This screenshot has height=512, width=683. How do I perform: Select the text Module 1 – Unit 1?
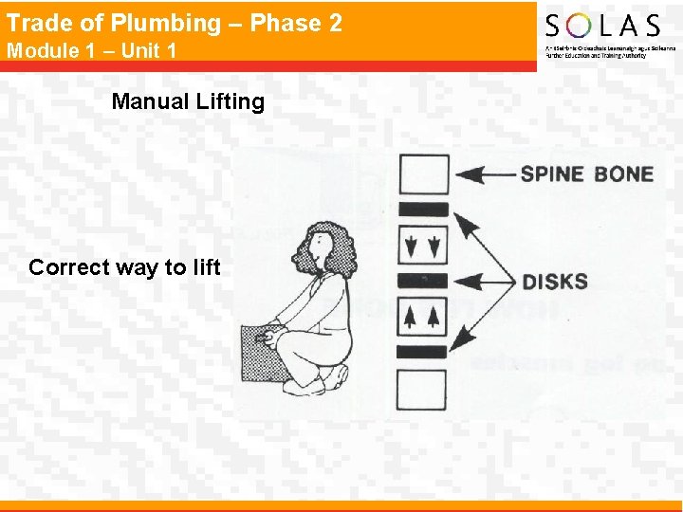click(x=92, y=50)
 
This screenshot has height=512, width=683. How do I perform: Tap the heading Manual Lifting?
click(x=188, y=101)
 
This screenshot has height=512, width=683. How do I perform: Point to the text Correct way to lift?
click(x=124, y=267)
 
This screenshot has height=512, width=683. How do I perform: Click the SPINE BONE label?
click(x=586, y=174)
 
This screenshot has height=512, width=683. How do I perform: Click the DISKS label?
click(x=555, y=282)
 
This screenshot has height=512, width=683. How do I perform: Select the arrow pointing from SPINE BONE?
click(x=488, y=174)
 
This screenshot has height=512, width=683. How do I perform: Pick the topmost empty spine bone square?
click(x=423, y=174)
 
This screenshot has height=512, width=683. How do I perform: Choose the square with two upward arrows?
click(x=423, y=317)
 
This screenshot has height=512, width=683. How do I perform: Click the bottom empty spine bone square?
click(x=423, y=389)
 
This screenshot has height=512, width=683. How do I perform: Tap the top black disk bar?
click(x=423, y=210)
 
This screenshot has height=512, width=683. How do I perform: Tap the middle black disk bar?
click(x=423, y=281)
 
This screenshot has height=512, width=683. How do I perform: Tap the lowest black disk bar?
click(x=423, y=352)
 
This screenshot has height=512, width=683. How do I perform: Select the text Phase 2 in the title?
click(x=303, y=23)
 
